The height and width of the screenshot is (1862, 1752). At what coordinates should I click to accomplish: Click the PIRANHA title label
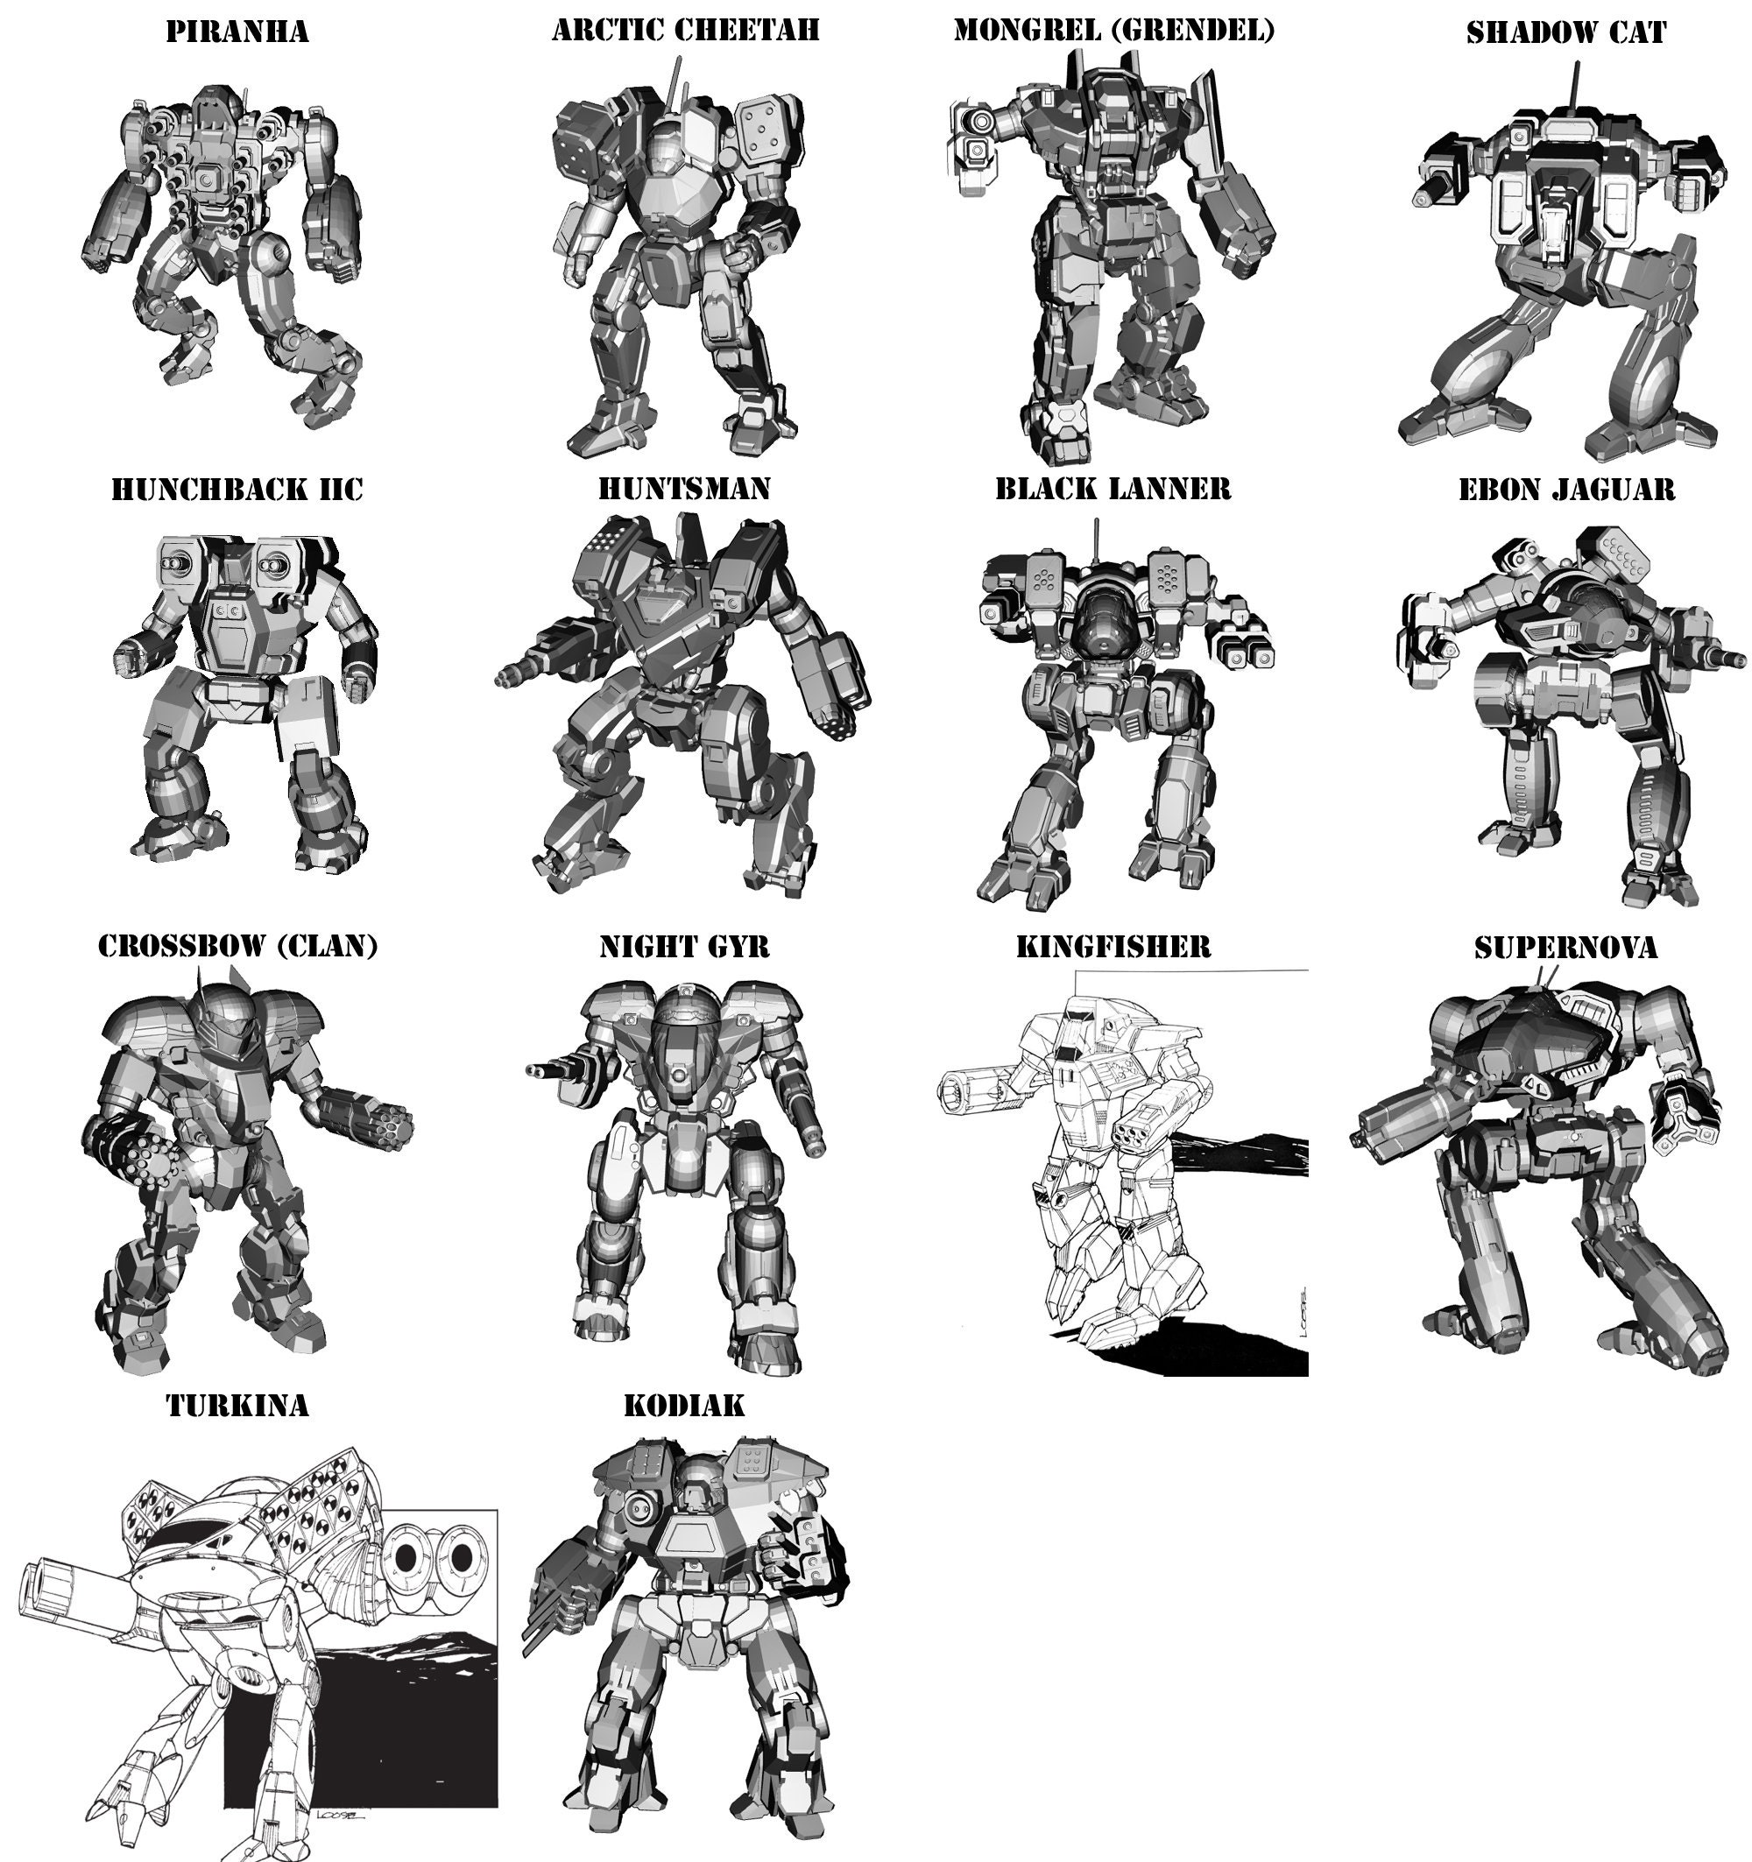point(237,32)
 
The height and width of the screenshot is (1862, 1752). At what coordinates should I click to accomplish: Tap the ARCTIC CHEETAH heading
point(685,30)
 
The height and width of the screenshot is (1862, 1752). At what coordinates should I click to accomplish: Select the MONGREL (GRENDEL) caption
point(1113,30)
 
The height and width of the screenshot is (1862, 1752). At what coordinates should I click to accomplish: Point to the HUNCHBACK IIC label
point(237,490)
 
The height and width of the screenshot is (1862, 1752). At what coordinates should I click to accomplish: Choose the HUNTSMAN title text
point(684,489)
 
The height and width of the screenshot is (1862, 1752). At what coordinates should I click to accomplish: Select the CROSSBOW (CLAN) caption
point(238,946)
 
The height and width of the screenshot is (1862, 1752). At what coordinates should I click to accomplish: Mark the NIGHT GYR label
point(684,947)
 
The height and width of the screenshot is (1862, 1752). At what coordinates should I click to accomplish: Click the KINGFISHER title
point(1113,947)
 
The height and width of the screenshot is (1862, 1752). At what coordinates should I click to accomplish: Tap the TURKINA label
point(237,1406)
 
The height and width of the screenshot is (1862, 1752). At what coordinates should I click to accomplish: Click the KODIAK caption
point(684,1406)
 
